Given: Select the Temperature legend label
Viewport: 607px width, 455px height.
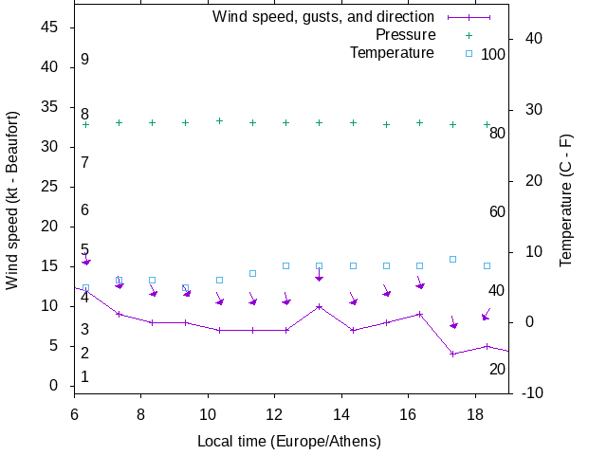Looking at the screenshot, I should [392, 52].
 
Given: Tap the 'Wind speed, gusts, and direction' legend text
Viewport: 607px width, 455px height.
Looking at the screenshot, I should [323, 17].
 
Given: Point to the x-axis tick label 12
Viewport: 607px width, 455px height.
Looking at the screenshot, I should [275, 414].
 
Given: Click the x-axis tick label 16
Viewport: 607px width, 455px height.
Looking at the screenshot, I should [409, 414].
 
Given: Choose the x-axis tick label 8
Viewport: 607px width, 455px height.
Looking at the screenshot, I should [141, 414].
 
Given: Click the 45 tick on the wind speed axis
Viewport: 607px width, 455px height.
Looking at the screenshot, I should [51, 27].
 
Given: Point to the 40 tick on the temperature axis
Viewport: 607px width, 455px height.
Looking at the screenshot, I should [533, 39].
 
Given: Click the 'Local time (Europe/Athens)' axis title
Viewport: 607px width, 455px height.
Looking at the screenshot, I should [289, 441].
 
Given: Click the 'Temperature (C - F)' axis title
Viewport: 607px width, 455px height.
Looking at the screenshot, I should [565, 199].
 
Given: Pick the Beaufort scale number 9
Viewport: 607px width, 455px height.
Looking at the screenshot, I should [85, 60].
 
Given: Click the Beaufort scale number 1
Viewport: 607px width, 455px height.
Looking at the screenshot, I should [85, 377].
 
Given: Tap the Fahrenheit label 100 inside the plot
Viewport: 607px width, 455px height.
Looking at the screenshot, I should [493, 55].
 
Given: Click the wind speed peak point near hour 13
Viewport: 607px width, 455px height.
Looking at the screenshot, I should [320, 306].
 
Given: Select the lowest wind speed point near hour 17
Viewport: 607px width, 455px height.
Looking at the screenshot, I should [453, 354].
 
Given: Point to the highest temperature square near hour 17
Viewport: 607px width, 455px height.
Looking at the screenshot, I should [453, 259].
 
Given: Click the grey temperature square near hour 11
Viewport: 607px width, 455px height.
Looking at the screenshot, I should [252, 273].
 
